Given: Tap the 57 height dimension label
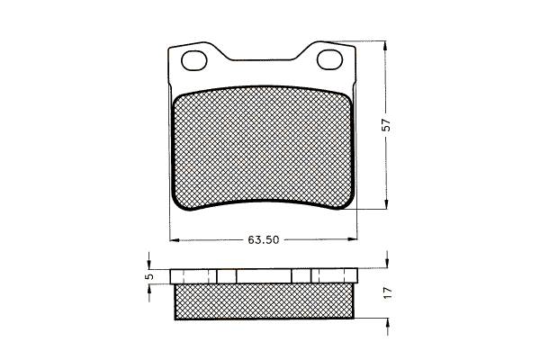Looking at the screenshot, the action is click(387, 125).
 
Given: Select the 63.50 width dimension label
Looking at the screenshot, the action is click(264, 239).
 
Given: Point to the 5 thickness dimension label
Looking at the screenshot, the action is click(149, 276).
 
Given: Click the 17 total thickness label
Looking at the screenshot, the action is click(388, 292).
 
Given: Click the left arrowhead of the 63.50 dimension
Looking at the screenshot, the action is click(175, 239).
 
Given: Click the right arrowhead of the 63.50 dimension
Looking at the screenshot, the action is click(353, 238).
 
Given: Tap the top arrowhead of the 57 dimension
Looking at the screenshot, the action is click(386, 46).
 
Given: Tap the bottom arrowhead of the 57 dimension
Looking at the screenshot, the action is click(386, 203).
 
